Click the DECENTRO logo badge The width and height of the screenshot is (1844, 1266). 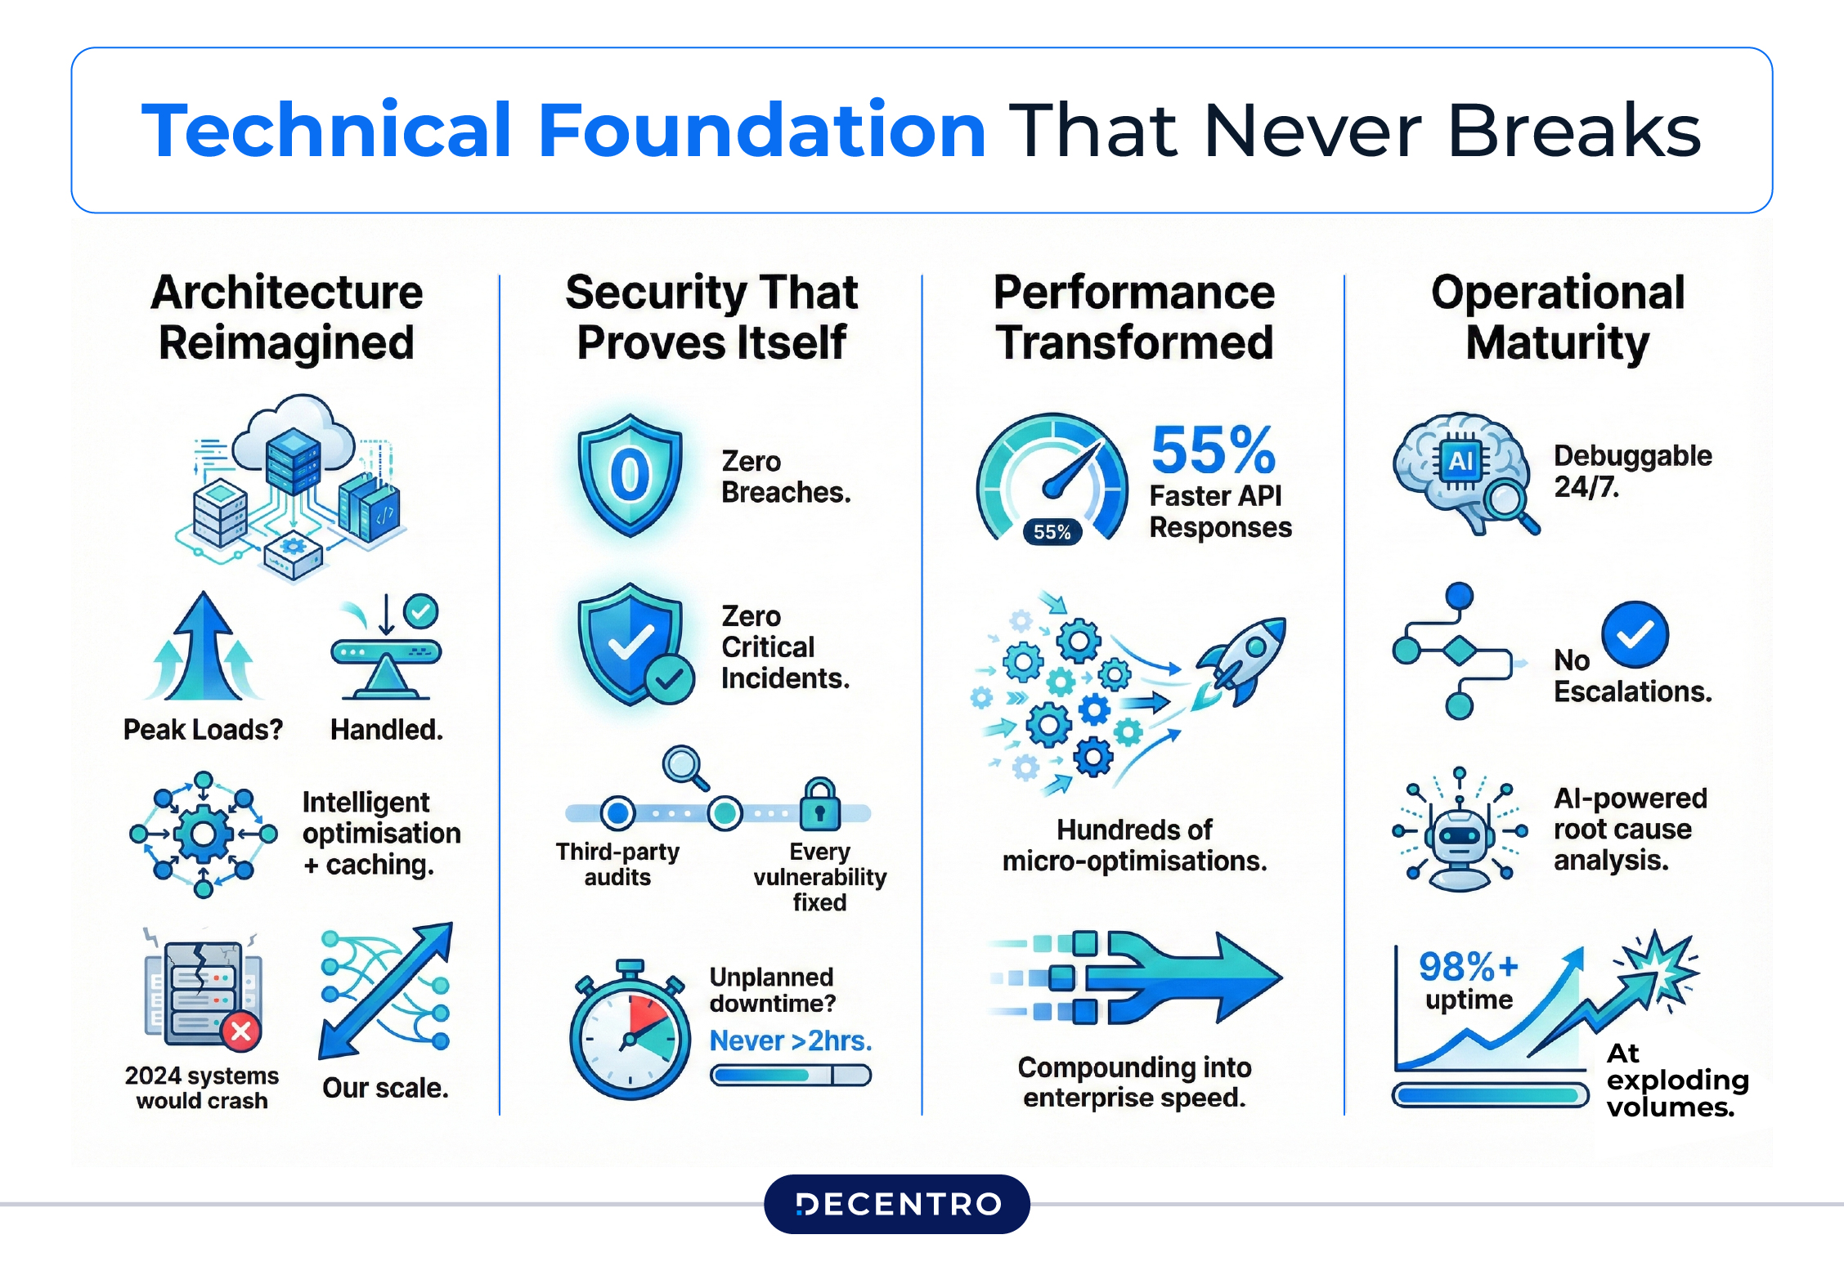pyautogui.click(x=896, y=1204)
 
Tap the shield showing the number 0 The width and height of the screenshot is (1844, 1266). pyautogui.click(x=630, y=475)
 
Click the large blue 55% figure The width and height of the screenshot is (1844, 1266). pyautogui.click(x=1213, y=450)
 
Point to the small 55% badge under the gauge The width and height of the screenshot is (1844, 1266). pyautogui.click(x=1052, y=532)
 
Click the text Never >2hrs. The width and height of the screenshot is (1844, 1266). pyautogui.click(x=790, y=1040)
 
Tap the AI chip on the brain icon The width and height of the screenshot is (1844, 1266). pyautogui.click(x=1460, y=462)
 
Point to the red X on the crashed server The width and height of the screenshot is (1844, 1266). pyautogui.click(x=241, y=1031)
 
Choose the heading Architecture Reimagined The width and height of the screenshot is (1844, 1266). pyautogui.click(x=287, y=317)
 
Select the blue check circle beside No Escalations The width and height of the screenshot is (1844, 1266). pyautogui.click(x=1635, y=634)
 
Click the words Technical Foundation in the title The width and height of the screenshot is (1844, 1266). pyautogui.click(x=563, y=130)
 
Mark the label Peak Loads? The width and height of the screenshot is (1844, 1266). pyautogui.click(x=203, y=729)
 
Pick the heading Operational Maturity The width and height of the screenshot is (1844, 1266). pyautogui.click(x=1557, y=317)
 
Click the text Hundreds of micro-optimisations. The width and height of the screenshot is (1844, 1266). pyautogui.click(x=1134, y=845)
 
